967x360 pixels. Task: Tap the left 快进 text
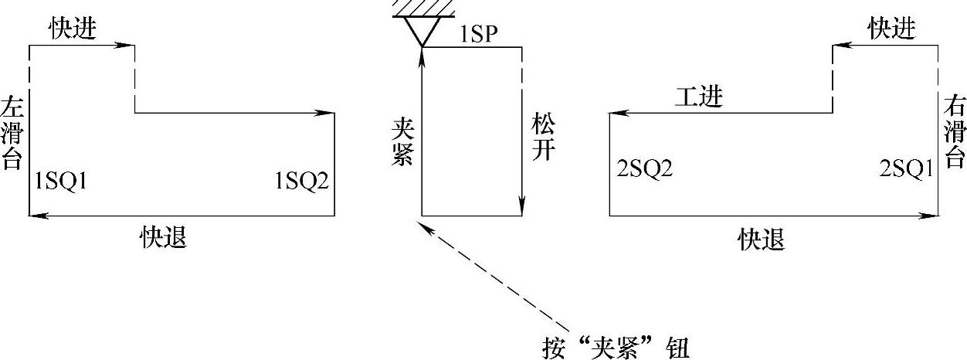[x=73, y=29]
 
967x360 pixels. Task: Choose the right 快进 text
[x=891, y=29]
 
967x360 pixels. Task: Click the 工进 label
[x=698, y=98]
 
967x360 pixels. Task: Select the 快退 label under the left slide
[x=163, y=236]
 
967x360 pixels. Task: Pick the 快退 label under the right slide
[x=762, y=239]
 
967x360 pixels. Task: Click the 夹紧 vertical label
[x=399, y=141]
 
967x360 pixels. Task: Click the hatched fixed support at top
[x=422, y=8]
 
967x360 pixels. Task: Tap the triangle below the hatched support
[x=422, y=31]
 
